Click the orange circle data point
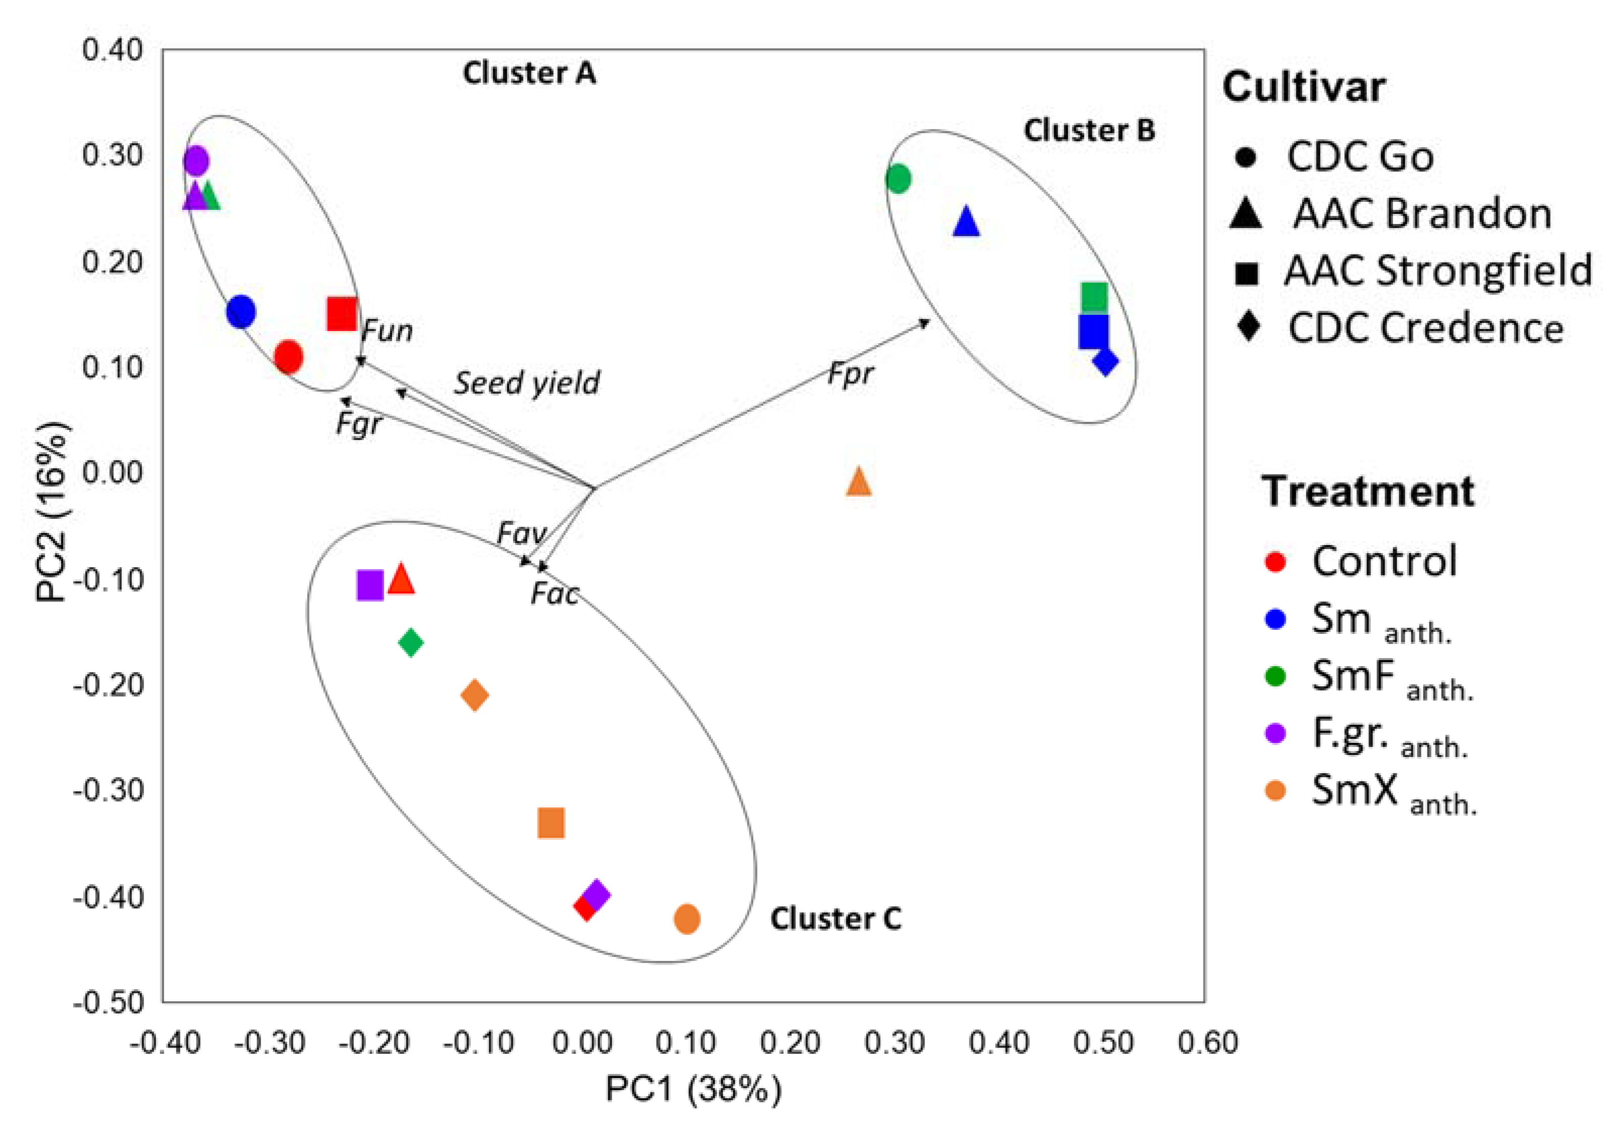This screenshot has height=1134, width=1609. point(687,919)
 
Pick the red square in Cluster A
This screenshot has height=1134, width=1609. point(342,313)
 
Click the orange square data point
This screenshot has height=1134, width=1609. point(551,823)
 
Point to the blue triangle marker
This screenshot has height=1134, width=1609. point(966,223)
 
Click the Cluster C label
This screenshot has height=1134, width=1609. point(835,919)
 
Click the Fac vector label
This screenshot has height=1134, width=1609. point(554,594)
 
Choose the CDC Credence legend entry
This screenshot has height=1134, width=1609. point(1425,328)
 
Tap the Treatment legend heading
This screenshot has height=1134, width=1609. point(1368,491)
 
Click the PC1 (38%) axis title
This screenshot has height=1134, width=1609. point(693,1089)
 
